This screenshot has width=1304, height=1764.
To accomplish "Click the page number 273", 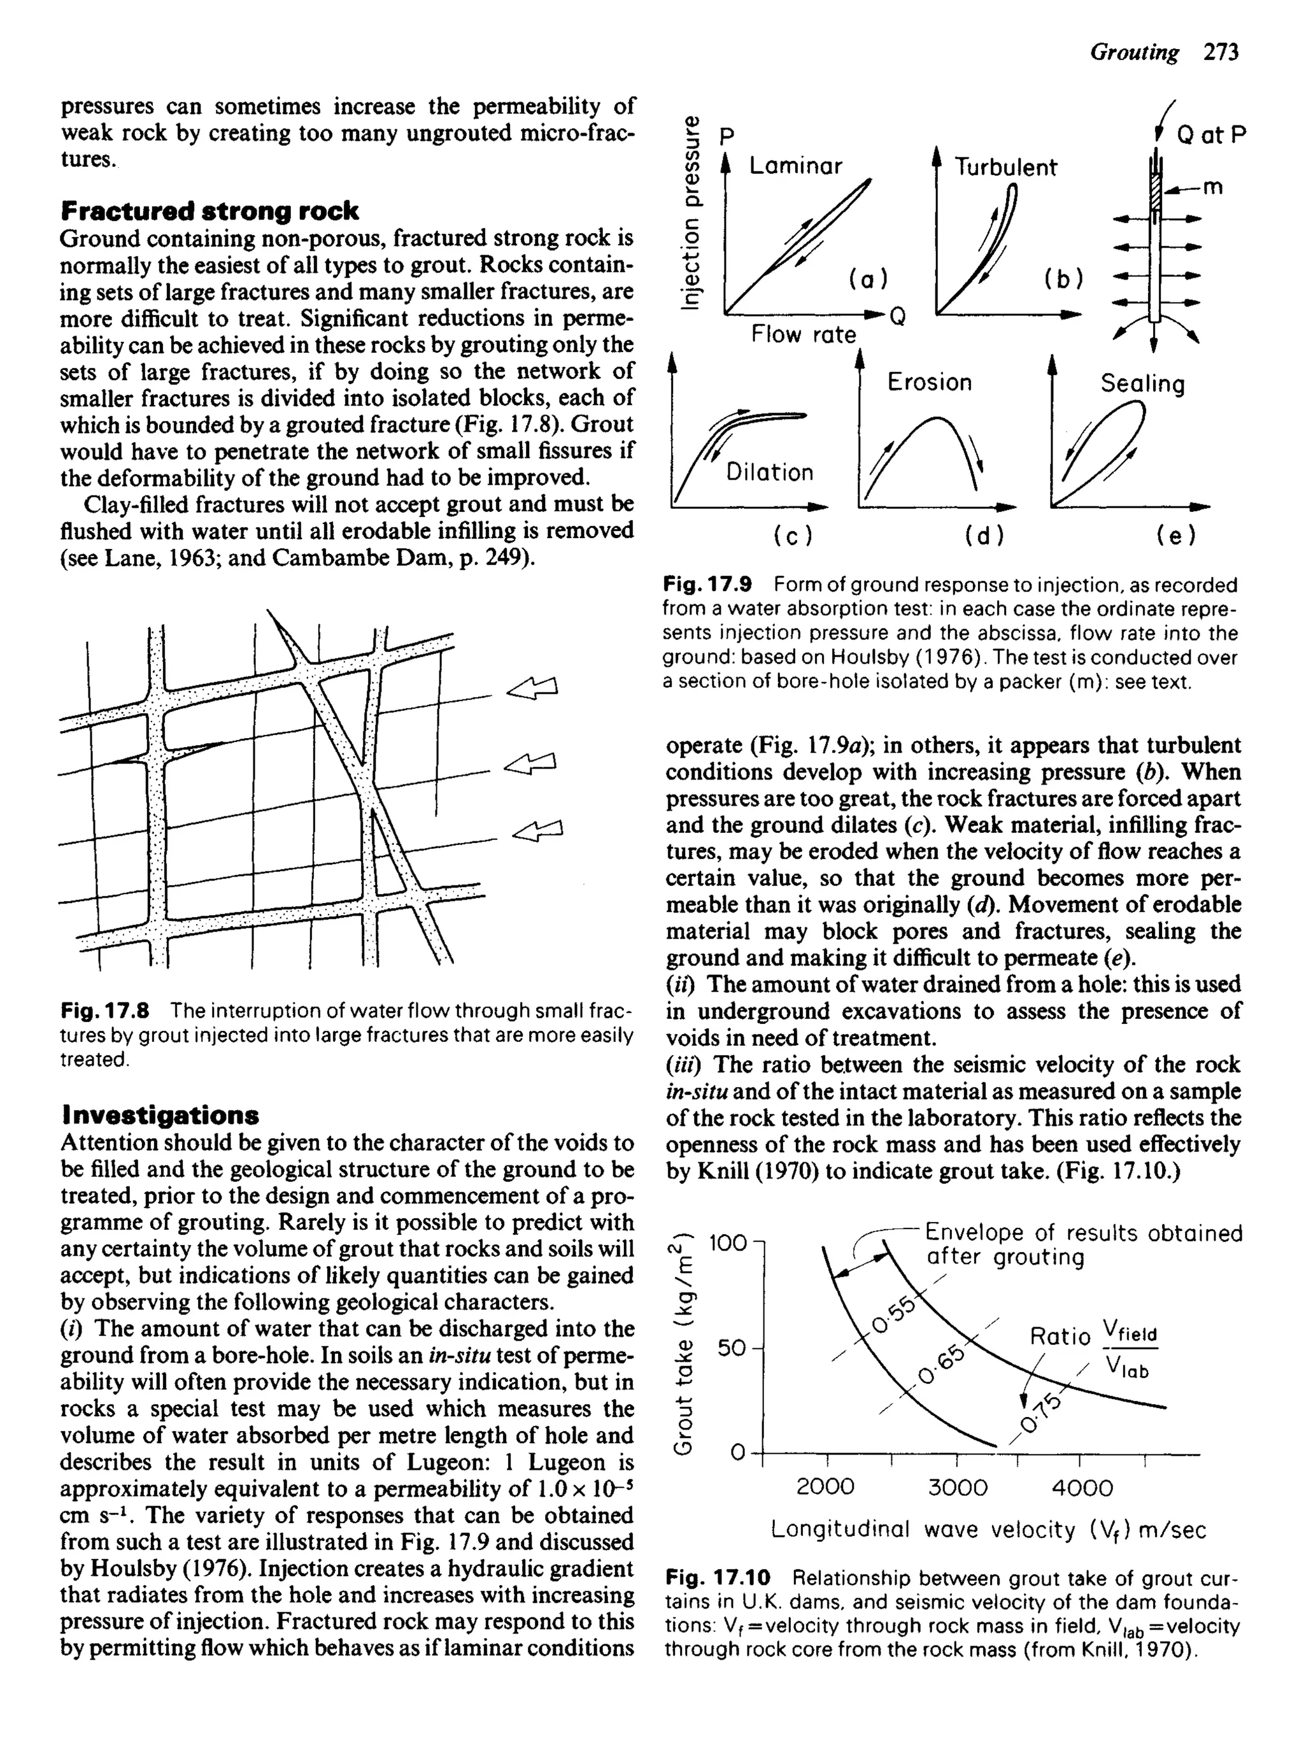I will [1221, 53].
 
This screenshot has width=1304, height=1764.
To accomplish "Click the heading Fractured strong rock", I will [209, 211].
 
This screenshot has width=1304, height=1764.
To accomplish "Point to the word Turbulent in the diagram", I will [1005, 167].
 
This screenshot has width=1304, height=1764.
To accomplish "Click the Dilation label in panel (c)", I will [770, 473].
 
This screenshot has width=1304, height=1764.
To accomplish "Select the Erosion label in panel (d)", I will [929, 382].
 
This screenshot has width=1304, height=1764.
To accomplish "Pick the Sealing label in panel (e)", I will [1142, 385].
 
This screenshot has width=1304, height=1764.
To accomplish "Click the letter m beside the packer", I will [1212, 188].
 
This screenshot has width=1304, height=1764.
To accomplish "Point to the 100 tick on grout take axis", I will [728, 1243].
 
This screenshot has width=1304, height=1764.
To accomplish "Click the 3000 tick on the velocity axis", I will [957, 1488].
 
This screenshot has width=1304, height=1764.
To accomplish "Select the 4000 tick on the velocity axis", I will [1082, 1488].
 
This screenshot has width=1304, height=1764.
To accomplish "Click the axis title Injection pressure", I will [691, 213].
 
